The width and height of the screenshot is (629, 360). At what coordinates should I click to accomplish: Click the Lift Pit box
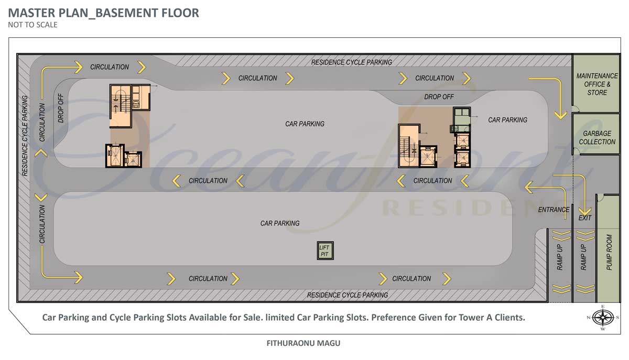(325, 250)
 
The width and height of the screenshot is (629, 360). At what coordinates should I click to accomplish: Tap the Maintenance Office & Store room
(596, 84)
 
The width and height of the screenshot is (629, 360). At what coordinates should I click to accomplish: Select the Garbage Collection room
(597, 134)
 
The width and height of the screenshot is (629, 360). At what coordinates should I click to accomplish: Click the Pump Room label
(609, 252)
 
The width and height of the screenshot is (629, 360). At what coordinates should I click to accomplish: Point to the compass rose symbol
(603, 318)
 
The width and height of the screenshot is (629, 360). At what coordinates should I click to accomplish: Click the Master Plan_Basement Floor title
(103, 13)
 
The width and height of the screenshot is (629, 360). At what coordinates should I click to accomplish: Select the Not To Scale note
(32, 25)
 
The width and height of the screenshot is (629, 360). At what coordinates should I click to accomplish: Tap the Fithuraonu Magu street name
(303, 343)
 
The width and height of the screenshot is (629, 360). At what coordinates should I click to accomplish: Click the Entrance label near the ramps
(554, 210)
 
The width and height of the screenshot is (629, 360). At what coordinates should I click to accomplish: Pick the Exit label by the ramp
(584, 218)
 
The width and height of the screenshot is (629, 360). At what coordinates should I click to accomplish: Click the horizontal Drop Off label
(439, 97)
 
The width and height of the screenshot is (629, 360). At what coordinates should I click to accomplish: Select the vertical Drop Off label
(61, 108)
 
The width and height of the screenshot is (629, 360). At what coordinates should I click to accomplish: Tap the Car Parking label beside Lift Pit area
(280, 223)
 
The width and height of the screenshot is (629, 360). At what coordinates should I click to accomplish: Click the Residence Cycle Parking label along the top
(351, 62)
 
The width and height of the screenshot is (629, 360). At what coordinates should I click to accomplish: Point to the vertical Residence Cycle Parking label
(25, 136)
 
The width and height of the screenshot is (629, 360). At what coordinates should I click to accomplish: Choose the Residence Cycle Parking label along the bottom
(348, 295)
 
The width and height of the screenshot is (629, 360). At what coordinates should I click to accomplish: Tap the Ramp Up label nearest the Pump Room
(583, 257)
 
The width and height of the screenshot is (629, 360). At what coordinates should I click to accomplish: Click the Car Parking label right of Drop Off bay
(507, 120)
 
